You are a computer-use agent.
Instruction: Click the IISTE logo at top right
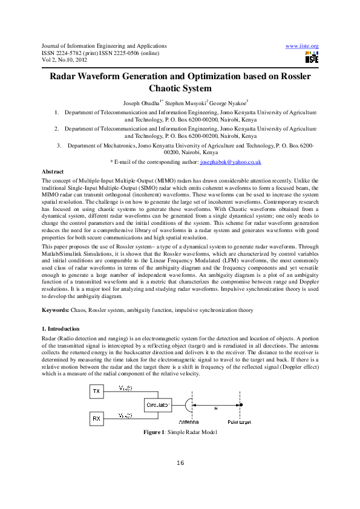[312, 57]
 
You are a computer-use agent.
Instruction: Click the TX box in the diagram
[96, 392]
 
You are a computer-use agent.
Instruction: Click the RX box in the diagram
[96, 418]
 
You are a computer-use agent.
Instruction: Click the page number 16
[180, 463]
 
